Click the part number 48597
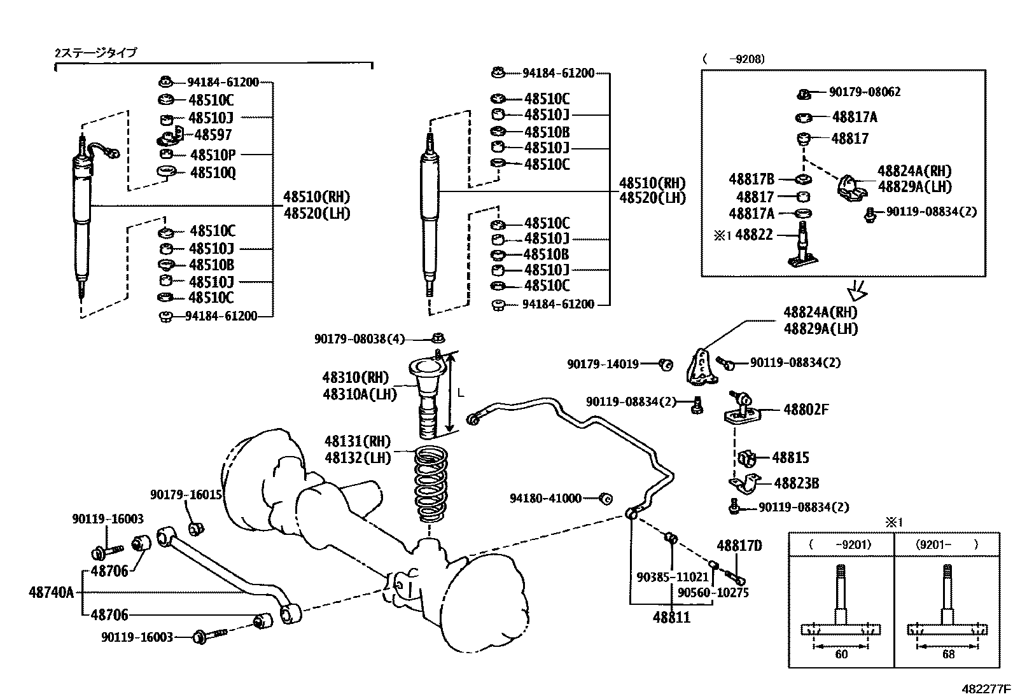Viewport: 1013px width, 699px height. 213,135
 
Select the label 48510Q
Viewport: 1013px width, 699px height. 213,173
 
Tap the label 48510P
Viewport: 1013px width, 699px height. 213,155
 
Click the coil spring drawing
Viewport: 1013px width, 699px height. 431,484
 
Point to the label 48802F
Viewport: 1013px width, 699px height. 806,410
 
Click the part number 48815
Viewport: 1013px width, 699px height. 790,457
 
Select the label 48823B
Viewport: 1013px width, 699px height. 797,483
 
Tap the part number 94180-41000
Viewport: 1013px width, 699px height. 545,498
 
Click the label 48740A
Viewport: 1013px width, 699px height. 51,592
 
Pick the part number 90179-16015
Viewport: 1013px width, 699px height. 186,495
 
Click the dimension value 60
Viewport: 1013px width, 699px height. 841,654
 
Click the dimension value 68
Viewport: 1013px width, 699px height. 948,654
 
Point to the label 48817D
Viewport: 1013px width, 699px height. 739,546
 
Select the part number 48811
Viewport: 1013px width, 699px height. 671,618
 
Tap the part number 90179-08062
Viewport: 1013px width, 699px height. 865,92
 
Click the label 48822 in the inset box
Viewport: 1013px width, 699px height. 754,235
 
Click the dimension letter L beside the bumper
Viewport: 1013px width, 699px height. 461,393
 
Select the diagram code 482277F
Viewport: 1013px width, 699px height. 986,689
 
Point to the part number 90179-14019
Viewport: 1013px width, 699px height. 603,364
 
